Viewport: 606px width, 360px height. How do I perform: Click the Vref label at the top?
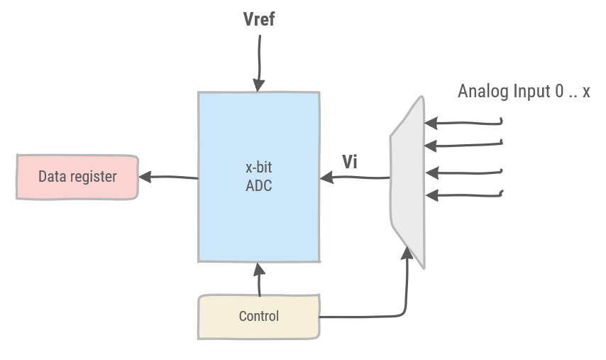[x=258, y=19]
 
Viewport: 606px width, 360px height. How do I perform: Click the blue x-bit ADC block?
[x=258, y=213]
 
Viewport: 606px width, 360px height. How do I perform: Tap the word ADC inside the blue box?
[x=258, y=186]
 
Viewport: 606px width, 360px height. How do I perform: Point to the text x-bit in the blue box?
[x=258, y=168]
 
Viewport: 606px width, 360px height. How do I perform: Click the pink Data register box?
[x=77, y=177]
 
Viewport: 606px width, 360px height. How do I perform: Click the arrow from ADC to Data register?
[x=169, y=177]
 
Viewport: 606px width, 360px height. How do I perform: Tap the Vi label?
[x=350, y=162]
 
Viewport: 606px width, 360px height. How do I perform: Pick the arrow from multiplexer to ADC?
[x=355, y=178]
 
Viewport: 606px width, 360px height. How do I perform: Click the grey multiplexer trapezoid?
[x=407, y=181]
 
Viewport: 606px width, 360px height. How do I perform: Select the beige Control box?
[x=258, y=317]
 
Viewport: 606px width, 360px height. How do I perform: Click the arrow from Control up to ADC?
[x=259, y=280]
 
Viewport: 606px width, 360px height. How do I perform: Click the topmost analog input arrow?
[x=465, y=123]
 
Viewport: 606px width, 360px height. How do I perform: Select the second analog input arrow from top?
[x=465, y=145]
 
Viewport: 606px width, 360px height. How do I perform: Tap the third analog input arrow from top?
[x=465, y=172]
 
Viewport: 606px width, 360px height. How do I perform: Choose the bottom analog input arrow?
[x=465, y=194]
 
